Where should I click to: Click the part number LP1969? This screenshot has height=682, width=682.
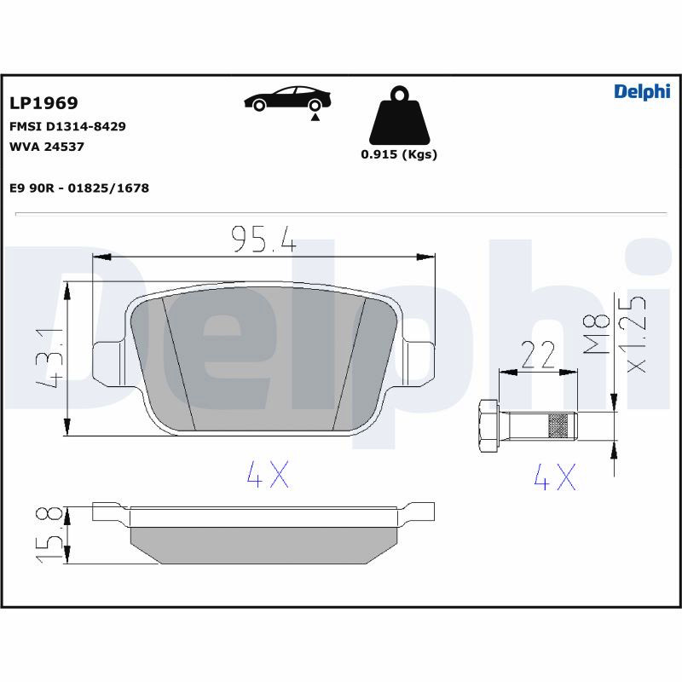coord(43,103)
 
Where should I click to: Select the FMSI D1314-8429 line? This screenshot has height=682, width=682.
coord(67,126)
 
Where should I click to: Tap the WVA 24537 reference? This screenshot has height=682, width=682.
coord(47,147)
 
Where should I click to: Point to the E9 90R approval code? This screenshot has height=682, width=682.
coord(79,188)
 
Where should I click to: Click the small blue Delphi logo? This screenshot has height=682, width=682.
coord(642,92)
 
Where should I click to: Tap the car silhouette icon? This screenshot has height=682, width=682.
coord(287,99)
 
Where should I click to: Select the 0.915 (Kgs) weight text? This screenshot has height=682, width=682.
coord(399,154)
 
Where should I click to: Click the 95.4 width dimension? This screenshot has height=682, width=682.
coord(263,240)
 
